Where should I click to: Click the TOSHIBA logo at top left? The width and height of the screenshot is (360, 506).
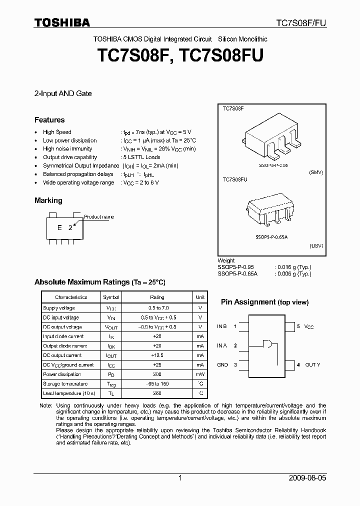62,22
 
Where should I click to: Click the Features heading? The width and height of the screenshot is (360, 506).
49,120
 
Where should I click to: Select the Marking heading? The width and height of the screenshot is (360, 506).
48,200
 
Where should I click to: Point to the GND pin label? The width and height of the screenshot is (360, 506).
222,365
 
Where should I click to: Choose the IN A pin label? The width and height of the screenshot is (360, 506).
222,345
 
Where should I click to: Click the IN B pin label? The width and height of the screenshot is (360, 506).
222,326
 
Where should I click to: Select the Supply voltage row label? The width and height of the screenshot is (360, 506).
59,308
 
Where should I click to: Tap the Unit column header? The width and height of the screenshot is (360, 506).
200,297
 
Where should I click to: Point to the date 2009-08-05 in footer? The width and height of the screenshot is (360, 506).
307,478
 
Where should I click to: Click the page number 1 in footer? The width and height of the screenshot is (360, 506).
180,478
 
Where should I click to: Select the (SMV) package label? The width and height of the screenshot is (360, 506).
316,172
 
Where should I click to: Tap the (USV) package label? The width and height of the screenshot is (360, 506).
316,246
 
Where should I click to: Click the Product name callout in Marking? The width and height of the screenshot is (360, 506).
99,217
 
